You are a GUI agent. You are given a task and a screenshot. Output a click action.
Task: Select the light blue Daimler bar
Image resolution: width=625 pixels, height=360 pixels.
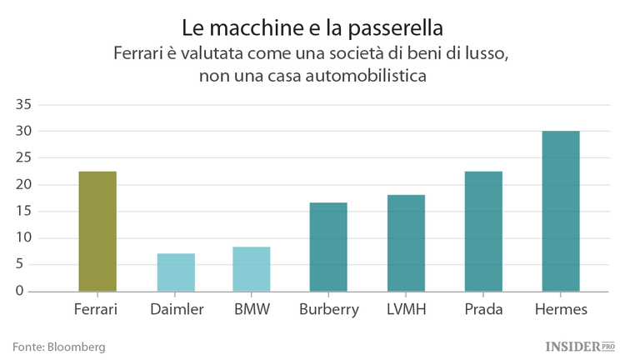[176, 272]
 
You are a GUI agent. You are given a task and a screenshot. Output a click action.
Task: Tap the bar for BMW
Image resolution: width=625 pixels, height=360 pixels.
[251, 269]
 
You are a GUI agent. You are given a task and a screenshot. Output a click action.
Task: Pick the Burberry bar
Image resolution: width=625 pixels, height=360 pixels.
[328, 247]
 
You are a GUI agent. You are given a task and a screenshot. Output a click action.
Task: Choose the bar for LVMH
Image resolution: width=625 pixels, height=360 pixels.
[406, 243]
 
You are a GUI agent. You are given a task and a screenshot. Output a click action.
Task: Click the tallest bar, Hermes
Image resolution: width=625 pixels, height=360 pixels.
[561, 212]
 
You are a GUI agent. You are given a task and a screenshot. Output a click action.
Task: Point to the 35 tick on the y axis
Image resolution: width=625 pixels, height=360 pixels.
[22, 105]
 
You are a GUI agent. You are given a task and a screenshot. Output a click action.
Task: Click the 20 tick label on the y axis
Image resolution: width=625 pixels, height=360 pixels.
[22, 185]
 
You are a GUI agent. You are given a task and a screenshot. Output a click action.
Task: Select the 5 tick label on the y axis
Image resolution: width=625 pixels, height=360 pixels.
[27, 265]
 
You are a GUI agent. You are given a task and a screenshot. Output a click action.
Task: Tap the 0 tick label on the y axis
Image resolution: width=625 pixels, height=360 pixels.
[27, 292]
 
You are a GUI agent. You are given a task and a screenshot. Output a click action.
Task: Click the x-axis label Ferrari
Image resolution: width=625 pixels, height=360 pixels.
[96, 310]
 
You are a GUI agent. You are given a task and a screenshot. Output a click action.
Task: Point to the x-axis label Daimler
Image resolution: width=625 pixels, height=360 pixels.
[177, 310]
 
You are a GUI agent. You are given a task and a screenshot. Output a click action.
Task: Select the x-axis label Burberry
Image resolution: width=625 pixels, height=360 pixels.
[328, 310]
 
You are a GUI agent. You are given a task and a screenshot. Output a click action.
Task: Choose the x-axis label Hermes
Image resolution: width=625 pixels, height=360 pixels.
[560, 310]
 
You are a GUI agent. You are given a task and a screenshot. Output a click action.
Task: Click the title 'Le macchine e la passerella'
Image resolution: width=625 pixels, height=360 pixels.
[312, 27]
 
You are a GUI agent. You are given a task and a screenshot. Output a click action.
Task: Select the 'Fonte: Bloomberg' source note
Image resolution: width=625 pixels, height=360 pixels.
[58, 346]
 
